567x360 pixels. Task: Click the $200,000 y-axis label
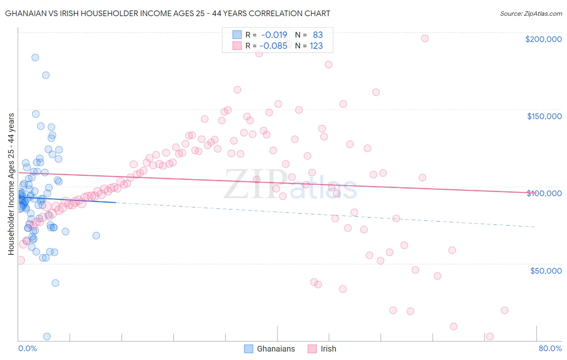543,39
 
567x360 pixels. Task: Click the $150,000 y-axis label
544,116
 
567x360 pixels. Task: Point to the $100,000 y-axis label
544,193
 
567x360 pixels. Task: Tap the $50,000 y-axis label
546,270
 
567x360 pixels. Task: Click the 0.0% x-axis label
27,348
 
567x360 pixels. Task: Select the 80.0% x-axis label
550,348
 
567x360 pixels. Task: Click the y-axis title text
11,184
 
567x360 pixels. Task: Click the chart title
167,13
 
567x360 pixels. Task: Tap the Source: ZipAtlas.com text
531,14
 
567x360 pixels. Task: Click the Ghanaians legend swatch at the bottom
249,349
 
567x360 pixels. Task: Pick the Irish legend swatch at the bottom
312,349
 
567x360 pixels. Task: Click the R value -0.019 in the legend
274,35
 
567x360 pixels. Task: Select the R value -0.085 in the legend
273,46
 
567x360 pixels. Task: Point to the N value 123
316,46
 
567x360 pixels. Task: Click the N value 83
318,35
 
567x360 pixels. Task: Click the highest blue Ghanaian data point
35,57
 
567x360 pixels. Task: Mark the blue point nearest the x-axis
47,336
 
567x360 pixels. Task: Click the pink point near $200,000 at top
425,38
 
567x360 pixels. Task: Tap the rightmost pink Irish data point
504,310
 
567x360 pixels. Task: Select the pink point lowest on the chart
490,336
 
